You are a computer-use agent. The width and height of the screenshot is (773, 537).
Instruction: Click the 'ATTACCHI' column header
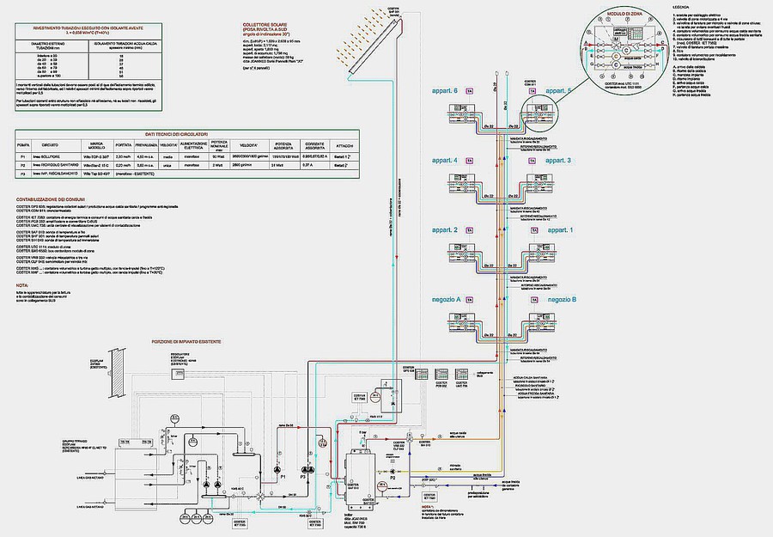[x=344, y=144]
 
